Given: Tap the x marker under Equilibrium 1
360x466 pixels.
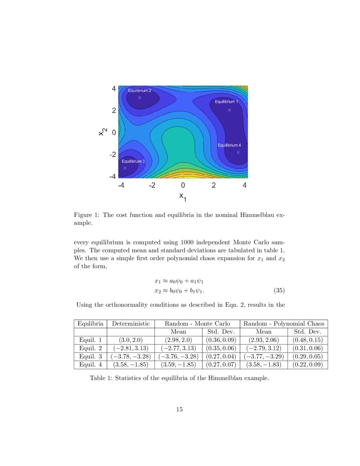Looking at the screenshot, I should [x=229, y=110].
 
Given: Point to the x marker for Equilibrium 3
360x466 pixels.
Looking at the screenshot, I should [x=125, y=168].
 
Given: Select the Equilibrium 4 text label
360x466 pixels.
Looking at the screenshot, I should [x=229, y=145].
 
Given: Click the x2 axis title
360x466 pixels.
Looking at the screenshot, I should [x=102, y=132].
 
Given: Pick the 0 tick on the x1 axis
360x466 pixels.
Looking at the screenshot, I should [x=183, y=185].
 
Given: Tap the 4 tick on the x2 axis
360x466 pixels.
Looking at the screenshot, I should [x=114, y=89].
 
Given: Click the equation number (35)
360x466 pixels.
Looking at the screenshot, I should [x=279, y=291].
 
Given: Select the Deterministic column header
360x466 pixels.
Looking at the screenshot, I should [x=130, y=324].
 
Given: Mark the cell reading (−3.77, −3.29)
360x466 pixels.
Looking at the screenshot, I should [x=263, y=356].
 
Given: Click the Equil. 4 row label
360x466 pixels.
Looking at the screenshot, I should [x=90, y=364].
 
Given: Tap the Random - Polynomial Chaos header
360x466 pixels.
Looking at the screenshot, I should [x=284, y=324].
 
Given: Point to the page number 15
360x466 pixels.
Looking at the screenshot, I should [x=179, y=409].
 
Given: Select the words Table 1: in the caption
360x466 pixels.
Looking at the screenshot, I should [x=102, y=378].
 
